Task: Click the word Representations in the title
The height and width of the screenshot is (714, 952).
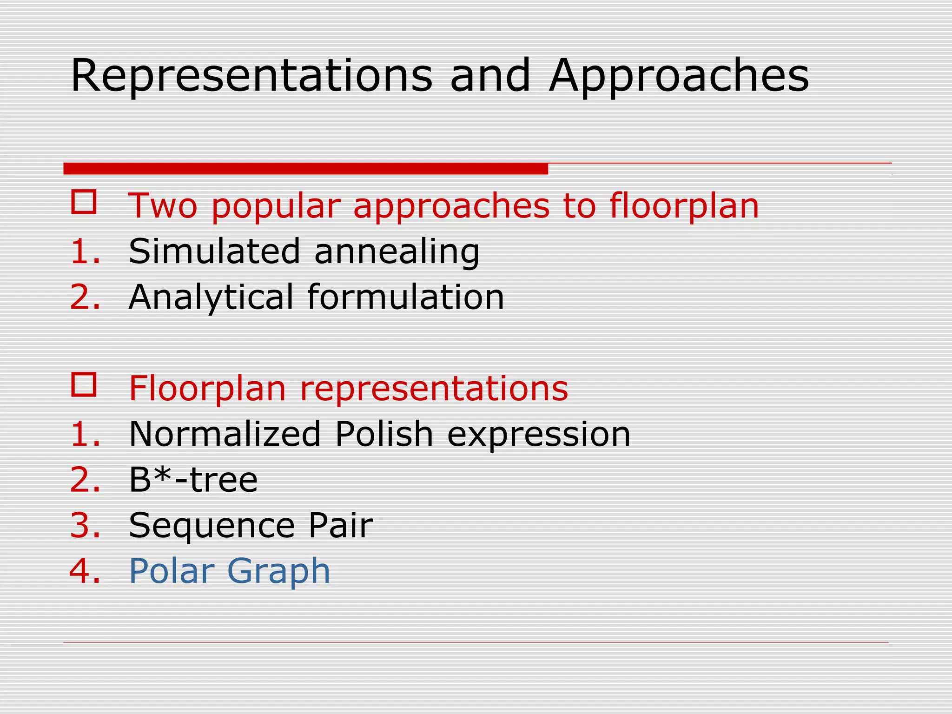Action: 251,75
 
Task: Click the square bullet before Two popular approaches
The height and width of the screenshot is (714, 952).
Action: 84,202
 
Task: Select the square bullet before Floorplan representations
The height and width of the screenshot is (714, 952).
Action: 84,384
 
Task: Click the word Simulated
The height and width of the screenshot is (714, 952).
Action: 214,251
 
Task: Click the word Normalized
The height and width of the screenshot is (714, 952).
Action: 225,434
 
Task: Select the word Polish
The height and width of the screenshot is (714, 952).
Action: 384,434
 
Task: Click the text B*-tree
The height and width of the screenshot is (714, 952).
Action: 193,479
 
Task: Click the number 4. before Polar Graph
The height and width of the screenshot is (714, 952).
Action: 85,570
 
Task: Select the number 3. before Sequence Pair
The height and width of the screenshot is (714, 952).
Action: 85,525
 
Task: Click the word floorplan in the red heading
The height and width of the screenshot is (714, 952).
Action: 684,206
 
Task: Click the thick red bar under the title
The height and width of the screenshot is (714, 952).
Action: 305,169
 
